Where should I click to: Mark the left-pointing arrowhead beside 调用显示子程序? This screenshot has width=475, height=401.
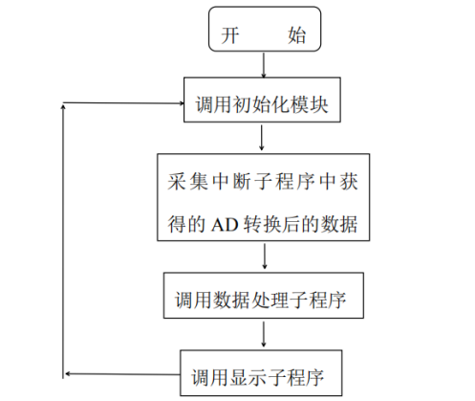point(69,374)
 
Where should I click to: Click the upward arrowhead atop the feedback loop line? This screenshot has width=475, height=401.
point(64,109)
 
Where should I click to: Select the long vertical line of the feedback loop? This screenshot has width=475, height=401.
point(64,239)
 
